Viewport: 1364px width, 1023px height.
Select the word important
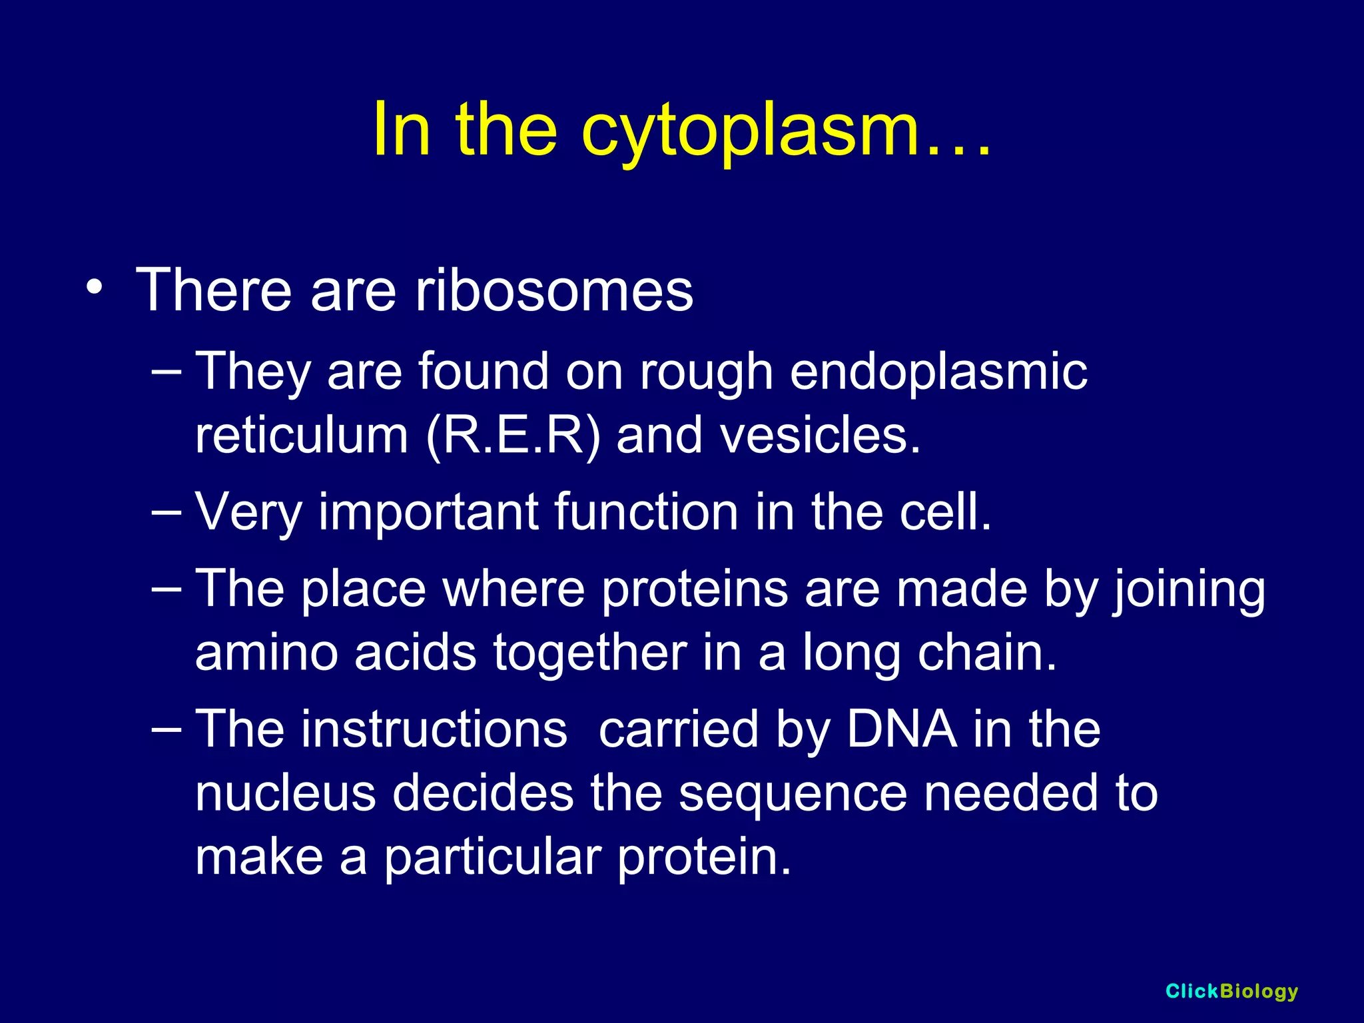click(428, 512)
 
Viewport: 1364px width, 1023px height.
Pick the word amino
click(266, 653)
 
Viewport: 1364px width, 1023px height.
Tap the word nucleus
click(286, 793)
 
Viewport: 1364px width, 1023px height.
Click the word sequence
click(793, 793)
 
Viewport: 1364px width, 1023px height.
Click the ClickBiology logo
click(1231, 991)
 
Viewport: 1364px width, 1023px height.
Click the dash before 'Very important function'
click(166, 511)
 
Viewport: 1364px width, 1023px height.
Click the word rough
click(707, 372)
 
